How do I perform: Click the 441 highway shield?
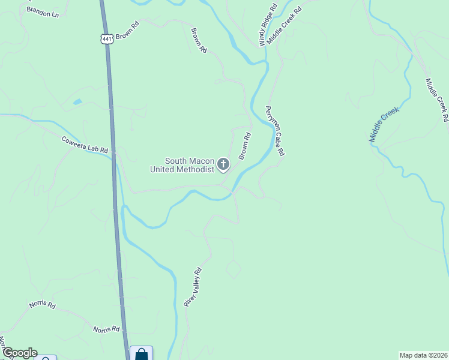click(x=107, y=39)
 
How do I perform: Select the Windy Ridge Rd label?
click(x=268, y=25)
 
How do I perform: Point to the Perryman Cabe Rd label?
click(x=275, y=131)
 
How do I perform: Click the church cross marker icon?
click(x=223, y=164)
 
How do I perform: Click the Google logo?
click(x=19, y=353)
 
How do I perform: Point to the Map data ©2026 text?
click(x=423, y=355)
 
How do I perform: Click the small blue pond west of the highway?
click(x=77, y=102)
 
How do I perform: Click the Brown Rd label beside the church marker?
click(x=244, y=146)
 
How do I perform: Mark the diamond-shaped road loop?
click(x=233, y=269)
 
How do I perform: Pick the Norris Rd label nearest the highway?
click(x=106, y=329)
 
